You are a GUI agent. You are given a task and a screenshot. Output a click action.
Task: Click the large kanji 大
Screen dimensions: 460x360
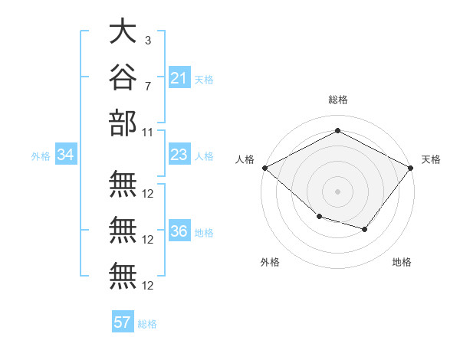(x=123, y=31)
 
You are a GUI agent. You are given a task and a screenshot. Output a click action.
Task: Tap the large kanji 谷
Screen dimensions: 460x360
(x=123, y=77)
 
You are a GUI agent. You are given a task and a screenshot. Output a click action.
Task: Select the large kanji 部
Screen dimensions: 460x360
(x=123, y=123)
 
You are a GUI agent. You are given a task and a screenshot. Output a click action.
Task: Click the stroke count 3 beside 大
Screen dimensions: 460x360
(x=148, y=41)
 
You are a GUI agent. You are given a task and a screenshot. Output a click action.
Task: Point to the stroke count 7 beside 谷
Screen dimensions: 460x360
(x=148, y=87)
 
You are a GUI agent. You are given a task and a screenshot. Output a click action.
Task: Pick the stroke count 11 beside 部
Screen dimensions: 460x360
(x=147, y=133)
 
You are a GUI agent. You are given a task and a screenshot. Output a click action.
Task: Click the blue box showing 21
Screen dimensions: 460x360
(x=179, y=77)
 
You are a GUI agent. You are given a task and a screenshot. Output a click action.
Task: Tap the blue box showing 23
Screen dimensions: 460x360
(x=179, y=154)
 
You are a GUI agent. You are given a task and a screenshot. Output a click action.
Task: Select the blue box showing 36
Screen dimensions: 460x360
(x=179, y=230)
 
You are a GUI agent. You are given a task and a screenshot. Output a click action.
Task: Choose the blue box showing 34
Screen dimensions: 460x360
(x=66, y=154)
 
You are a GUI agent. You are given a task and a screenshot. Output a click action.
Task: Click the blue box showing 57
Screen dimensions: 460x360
(x=123, y=321)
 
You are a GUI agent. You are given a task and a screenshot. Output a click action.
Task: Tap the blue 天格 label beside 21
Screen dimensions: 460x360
(x=204, y=80)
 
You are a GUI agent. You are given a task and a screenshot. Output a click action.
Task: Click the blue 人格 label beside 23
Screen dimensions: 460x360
(x=204, y=156)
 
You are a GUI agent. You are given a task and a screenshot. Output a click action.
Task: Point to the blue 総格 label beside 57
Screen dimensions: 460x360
(x=147, y=324)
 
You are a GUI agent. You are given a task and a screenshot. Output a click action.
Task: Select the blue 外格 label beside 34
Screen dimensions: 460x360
(x=41, y=156)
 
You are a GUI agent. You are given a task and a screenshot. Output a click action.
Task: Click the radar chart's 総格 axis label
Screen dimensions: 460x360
(x=338, y=100)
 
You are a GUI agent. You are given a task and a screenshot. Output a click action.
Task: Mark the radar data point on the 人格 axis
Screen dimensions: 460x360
(x=265, y=168)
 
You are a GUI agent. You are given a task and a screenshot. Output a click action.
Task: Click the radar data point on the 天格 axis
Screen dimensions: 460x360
(x=411, y=168)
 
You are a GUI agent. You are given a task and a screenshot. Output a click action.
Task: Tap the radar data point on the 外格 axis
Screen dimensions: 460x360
(x=320, y=217)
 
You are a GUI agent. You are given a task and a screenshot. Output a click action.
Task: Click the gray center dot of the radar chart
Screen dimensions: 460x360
(x=337, y=191)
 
